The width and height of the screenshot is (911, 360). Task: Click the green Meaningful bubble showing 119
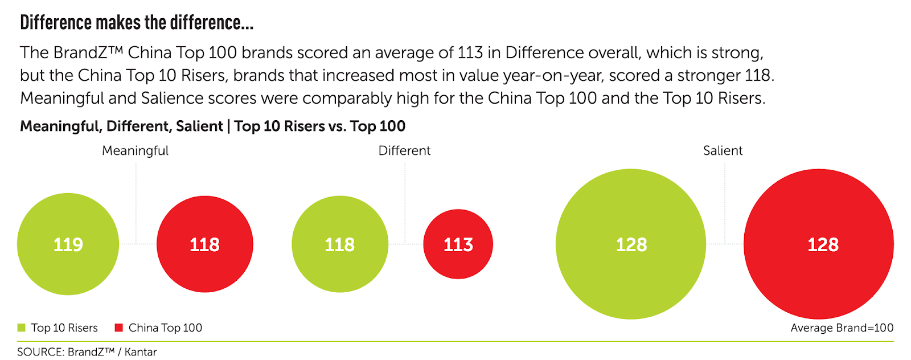click(68, 244)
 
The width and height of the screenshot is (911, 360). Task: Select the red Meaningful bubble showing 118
click(204, 244)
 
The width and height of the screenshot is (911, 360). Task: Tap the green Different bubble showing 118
click(340, 244)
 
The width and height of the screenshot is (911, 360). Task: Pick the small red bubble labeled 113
click(458, 244)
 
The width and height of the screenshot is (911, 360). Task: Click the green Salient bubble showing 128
click(631, 244)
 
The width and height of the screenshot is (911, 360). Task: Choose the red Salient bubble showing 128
click(819, 244)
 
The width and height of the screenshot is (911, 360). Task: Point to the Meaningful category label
click(136, 150)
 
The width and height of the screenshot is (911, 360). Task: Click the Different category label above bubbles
click(404, 150)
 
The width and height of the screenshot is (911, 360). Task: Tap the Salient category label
click(723, 150)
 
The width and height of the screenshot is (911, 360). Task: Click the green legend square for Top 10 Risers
click(22, 328)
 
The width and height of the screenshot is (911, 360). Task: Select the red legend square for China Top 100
click(119, 328)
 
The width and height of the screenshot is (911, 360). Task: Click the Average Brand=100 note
click(842, 328)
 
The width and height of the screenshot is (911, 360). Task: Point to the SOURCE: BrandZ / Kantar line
click(87, 351)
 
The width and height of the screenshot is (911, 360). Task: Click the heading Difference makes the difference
click(137, 23)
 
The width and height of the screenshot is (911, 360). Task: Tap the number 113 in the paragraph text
click(470, 52)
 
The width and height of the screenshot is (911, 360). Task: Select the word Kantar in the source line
click(141, 351)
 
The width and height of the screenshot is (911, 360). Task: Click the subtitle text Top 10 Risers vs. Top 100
click(319, 126)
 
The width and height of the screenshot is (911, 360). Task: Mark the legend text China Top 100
click(165, 328)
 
